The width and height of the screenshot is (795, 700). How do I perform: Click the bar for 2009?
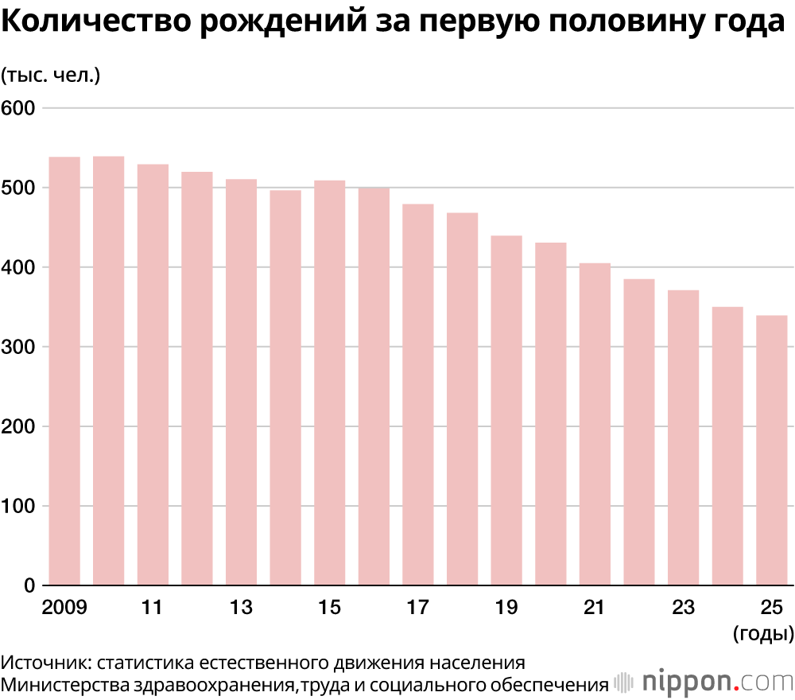pyautogui.click(x=64, y=371)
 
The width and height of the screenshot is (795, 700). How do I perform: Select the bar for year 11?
pyautogui.click(x=153, y=375)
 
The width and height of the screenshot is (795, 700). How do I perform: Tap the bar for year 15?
pyautogui.click(x=329, y=383)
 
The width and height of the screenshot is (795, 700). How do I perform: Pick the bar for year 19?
pyautogui.click(x=506, y=410)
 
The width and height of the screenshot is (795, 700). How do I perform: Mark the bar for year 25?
pyautogui.click(x=771, y=450)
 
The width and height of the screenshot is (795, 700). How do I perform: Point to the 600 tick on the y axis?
pyautogui.click(x=19, y=107)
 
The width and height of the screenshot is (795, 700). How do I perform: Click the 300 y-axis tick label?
pyautogui.click(x=19, y=347)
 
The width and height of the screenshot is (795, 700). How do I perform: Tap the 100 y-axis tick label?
pyautogui.click(x=19, y=506)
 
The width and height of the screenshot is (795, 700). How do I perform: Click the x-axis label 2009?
pyautogui.click(x=64, y=608)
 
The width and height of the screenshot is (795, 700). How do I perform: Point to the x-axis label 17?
pyautogui.click(x=417, y=608)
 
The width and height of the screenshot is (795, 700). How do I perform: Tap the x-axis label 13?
pyautogui.click(x=241, y=608)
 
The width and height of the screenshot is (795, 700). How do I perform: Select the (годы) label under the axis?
pyautogui.click(x=762, y=633)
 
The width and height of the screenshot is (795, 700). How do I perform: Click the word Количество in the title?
pyautogui.click(x=99, y=24)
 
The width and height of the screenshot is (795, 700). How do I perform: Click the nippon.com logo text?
pyautogui.click(x=712, y=682)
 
